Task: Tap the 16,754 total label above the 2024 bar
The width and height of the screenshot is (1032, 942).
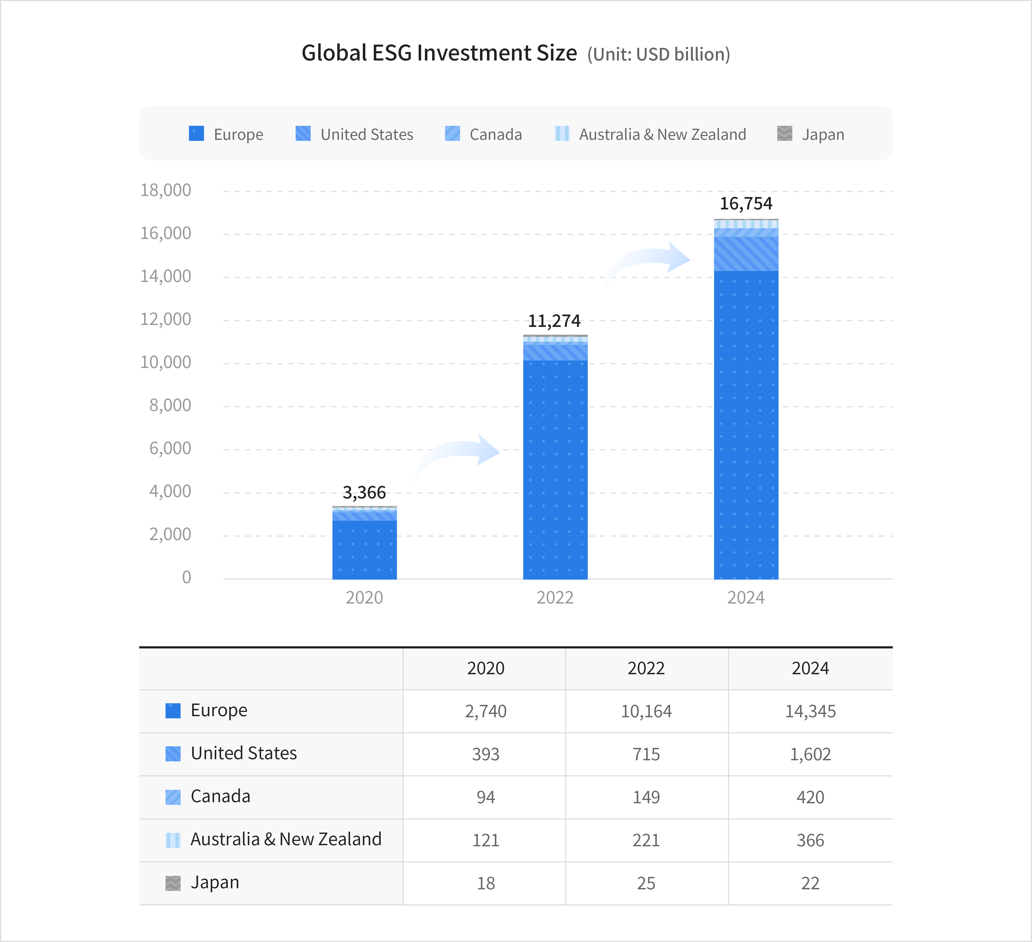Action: pos(746,204)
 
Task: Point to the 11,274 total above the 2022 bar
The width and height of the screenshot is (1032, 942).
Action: pos(554,321)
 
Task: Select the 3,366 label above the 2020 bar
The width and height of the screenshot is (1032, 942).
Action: pos(364,493)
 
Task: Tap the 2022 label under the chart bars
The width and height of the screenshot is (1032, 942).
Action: pos(555,597)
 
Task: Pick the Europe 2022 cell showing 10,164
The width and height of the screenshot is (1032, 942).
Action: pos(646,711)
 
